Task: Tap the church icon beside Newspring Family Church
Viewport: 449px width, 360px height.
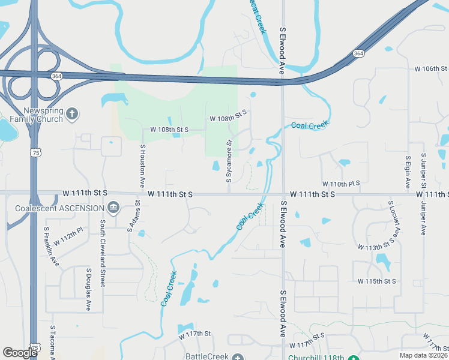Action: tap(72, 114)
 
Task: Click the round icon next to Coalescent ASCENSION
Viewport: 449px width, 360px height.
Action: tap(113, 208)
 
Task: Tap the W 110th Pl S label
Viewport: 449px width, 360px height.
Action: tap(340, 183)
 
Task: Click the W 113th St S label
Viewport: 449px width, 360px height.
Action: tap(378, 246)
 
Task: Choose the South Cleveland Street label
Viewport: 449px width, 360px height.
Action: tap(103, 253)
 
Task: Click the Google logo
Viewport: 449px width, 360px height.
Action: tap(20, 352)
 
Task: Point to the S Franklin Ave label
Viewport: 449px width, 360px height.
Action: tap(52, 245)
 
